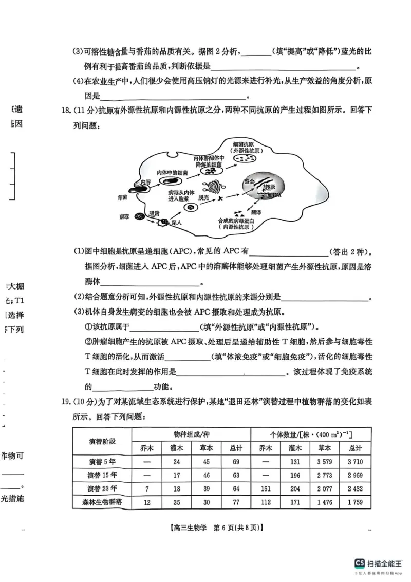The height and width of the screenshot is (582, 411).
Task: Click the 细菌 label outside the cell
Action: point(122,197)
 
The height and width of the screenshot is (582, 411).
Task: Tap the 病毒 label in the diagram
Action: point(122,217)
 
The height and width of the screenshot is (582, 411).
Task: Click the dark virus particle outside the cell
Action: point(138,216)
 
